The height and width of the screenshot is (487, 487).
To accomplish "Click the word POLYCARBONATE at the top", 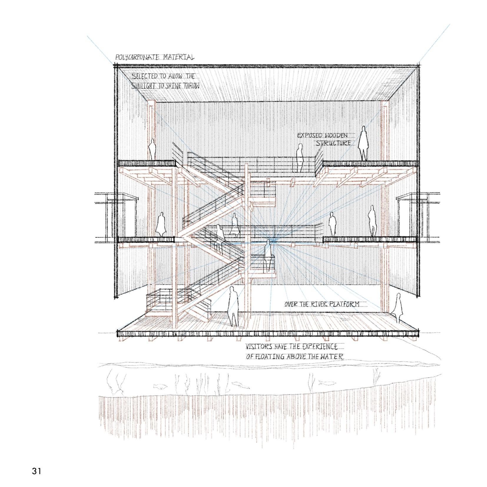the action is (138, 57).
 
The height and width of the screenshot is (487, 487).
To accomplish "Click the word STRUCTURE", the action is (333, 143).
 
